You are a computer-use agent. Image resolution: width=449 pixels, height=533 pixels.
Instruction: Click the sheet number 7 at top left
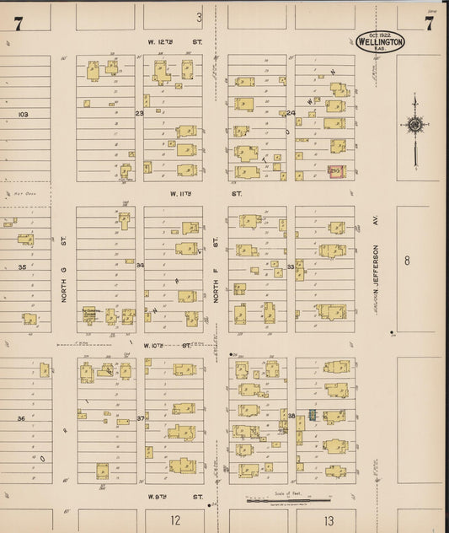(17, 24)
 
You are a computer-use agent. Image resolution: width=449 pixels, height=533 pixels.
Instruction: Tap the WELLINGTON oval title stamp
(380, 42)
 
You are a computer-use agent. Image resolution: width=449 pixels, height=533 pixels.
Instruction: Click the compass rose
(414, 125)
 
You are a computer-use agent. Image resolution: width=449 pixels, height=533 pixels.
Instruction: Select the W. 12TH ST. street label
(164, 40)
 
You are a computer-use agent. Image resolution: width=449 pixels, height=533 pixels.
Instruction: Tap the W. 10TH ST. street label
(160, 345)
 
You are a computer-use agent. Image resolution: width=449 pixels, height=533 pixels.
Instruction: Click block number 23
(140, 112)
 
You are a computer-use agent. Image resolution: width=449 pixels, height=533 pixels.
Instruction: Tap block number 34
(140, 265)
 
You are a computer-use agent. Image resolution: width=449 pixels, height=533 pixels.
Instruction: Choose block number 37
(141, 417)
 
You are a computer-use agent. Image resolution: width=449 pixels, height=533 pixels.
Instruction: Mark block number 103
(23, 113)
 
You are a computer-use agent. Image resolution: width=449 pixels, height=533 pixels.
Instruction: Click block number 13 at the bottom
(328, 520)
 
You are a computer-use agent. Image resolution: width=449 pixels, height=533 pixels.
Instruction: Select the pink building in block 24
(336, 170)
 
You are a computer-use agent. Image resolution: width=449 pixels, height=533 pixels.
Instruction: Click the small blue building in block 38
(311, 415)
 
